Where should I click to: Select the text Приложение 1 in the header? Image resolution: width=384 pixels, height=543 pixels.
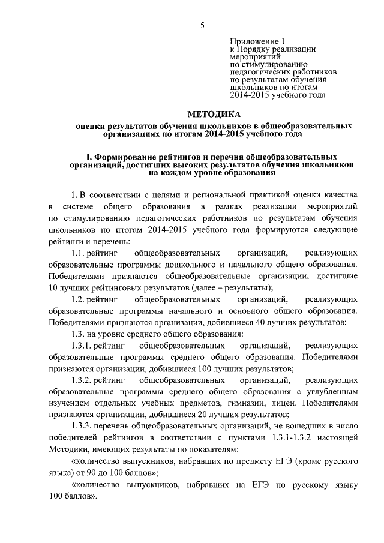pos(256,41)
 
